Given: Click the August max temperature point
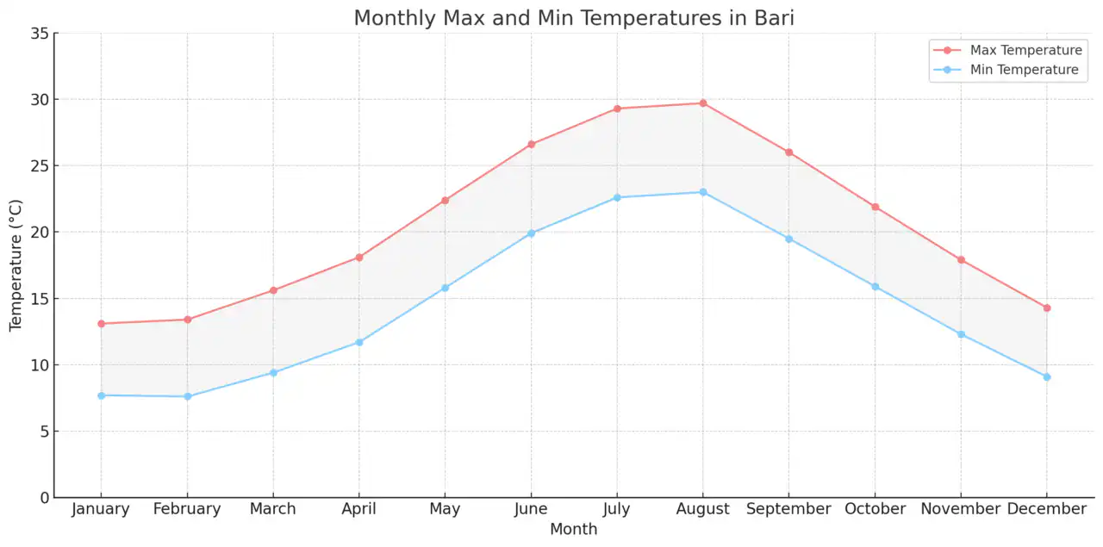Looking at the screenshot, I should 702,103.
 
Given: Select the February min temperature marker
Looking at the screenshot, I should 187,396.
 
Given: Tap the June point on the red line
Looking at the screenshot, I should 531,144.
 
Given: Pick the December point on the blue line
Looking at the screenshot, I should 1046,376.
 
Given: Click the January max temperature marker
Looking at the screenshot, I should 101,324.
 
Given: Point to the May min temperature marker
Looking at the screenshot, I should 445,288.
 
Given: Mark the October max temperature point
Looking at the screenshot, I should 875,207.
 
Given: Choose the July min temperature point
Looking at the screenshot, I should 617,197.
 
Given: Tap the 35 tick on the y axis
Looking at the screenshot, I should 39,34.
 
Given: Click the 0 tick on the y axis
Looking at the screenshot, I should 43,497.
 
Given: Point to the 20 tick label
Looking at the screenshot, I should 39,233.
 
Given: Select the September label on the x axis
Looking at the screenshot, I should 788,509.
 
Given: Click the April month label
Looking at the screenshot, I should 358,509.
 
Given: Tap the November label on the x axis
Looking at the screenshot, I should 960,509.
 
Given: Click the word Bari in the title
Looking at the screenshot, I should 773,18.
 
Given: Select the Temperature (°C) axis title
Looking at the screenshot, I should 16,265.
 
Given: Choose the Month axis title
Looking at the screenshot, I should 573,529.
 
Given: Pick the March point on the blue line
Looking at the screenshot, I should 273,372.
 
